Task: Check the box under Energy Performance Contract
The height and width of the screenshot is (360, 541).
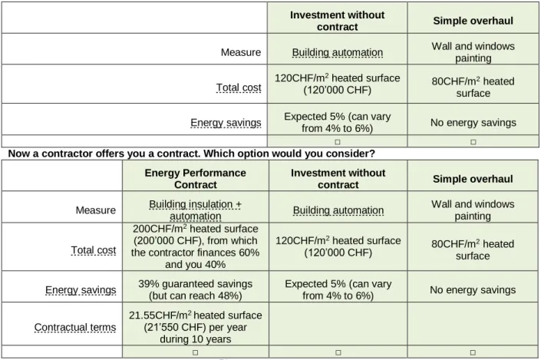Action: click(x=195, y=352)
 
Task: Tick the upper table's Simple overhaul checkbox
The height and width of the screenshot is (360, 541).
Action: click(x=473, y=142)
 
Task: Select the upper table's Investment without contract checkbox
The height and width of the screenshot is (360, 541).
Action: click(x=338, y=142)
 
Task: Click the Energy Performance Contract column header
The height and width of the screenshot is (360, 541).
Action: click(x=195, y=179)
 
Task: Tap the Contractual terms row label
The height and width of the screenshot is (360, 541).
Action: click(x=75, y=327)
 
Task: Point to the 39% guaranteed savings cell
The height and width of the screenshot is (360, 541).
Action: click(x=195, y=289)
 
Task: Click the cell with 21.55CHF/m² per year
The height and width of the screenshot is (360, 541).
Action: click(x=195, y=327)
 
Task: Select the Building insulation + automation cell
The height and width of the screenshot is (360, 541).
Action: click(x=195, y=210)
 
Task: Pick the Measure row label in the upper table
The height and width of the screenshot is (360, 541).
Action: click(x=241, y=52)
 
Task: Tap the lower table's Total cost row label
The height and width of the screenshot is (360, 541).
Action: click(x=94, y=250)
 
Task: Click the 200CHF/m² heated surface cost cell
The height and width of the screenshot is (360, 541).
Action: click(x=195, y=246)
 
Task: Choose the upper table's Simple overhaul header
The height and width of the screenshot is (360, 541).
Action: click(x=473, y=21)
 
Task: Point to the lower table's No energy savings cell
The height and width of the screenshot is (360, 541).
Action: click(x=473, y=289)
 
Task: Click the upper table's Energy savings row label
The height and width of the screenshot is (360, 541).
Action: click(x=226, y=123)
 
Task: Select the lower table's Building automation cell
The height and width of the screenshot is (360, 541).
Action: click(x=338, y=210)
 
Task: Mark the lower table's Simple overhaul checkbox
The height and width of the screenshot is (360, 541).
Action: click(x=473, y=352)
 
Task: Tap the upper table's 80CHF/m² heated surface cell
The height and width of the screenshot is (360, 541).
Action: click(x=473, y=87)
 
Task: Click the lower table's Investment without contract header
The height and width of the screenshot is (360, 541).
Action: click(x=338, y=179)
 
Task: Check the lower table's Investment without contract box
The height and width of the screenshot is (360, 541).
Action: click(x=338, y=352)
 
